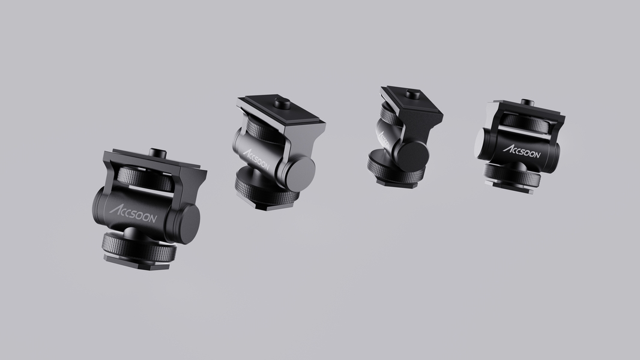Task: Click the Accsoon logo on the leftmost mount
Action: [x=133, y=214]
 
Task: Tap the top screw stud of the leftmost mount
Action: [x=155, y=153]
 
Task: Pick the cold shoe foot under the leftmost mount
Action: [x=137, y=262]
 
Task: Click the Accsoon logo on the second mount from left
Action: [x=256, y=160]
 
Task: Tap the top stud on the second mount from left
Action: [x=282, y=103]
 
